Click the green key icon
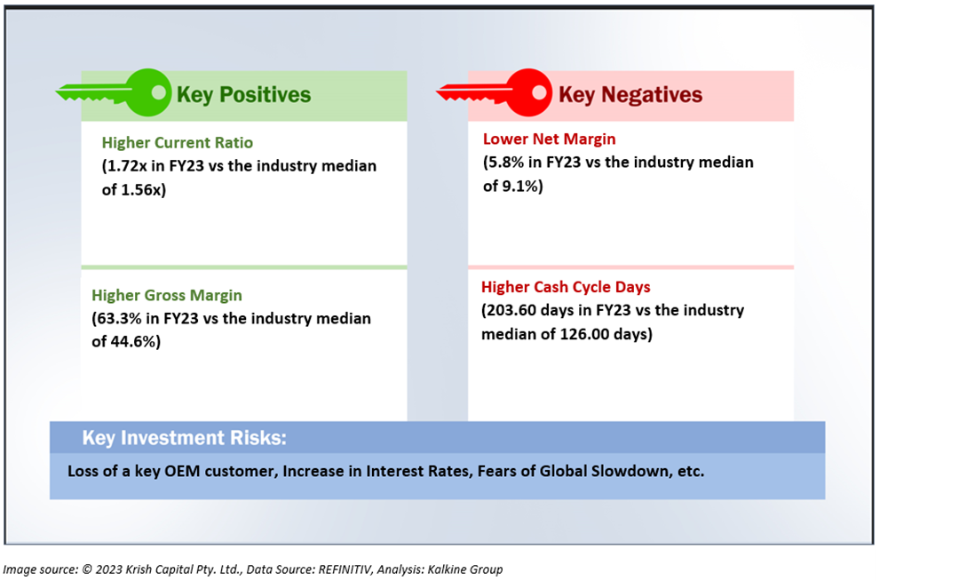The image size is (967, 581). click(x=114, y=92)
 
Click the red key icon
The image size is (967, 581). click(x=495, y=92)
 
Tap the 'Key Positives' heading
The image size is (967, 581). click(x=243, y=94)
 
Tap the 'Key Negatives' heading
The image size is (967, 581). click(x=630, y=94)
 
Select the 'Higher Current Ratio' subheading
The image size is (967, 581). click(x=178, y=142)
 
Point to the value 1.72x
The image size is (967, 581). click(x=126, y=166)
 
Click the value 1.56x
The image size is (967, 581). click(x=141, y=189)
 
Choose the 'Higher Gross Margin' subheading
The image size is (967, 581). click(x=167, y=295)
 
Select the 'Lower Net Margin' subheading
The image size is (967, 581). click(x=549, y=139)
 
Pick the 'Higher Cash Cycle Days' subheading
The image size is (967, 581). click(x=566, y=287)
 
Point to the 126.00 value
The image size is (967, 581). click(x=584, y=334)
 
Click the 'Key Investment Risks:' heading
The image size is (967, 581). click(x=185, y=437)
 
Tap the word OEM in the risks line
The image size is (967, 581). click(x=183, y=471)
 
